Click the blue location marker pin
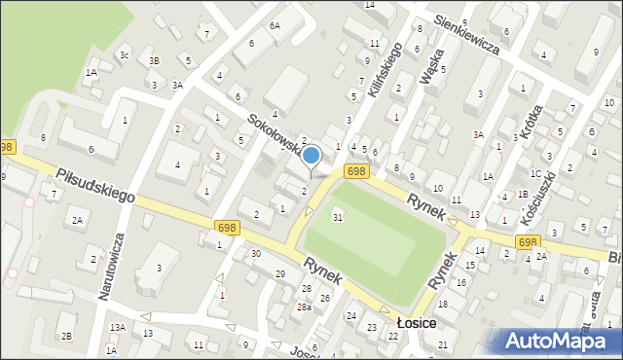(x=311, y=156)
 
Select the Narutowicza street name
(x=116, y=267)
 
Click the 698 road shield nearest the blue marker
(x=356, y=171)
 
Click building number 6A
(x=275, y=26)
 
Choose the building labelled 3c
(x=124, y=55)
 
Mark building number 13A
(x=118, y=328)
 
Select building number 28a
(x=305, y=307)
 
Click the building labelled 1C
(x=535, y=173)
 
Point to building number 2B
(x=67, y=337)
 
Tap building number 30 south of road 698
(x=255, y=254)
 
